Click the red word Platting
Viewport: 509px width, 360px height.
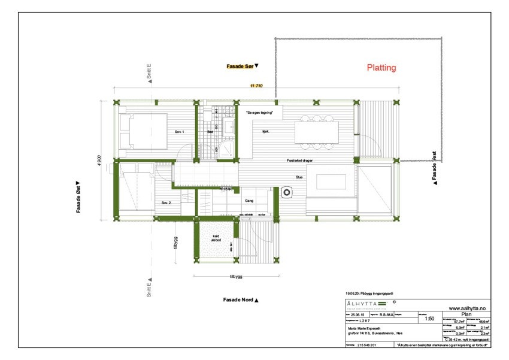click(x=381, y=68)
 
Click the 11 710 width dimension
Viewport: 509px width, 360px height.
click(x=257, y=87)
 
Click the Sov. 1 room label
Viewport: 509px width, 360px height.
click(x=179, y=131)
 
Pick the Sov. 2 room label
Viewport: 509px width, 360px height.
click(x=166, y=203)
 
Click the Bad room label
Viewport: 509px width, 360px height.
click(x=210, y=131)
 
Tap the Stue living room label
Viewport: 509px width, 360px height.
click(x=299, y=177)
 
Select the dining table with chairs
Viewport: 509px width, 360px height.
click(x=316, y=132)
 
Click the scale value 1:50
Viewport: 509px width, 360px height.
click(x=429, y=319)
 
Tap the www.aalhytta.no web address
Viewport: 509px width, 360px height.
click(x=466, y=307)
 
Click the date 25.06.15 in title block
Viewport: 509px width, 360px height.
click(x=357, y=313)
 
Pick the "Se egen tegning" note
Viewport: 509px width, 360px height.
click(x=259, y=113)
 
